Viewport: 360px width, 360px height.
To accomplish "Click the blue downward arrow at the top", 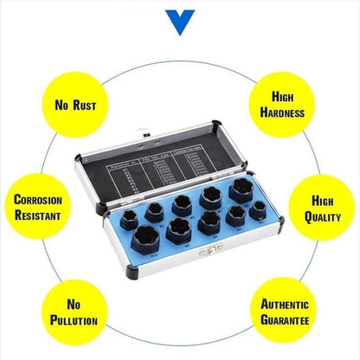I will point(180,18).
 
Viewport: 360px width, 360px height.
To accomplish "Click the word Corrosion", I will point(38,200).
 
